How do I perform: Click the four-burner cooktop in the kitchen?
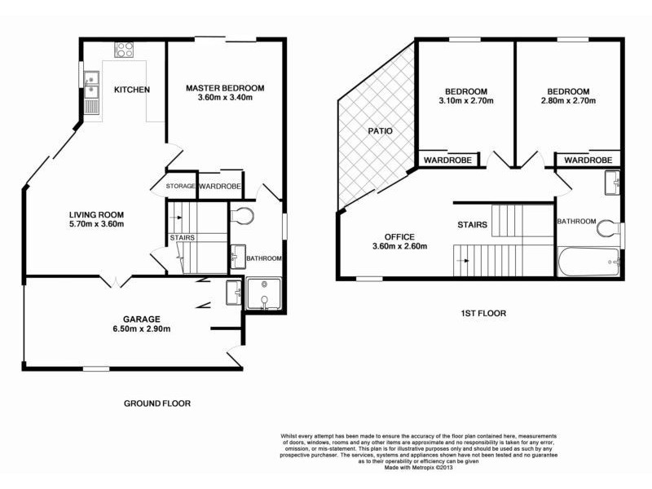tap(123, 49)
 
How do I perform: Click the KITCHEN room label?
tap(131, 90)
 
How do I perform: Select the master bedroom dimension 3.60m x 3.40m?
tap(225, 99)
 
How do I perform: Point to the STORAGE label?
tap(180, 187)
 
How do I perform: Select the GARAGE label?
tap(142, 319)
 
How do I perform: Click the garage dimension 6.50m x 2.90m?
tap(142, 329)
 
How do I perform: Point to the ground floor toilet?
tap(242, 216)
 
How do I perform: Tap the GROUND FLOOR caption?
tap(157, 403)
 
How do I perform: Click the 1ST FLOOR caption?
tap(482, 313)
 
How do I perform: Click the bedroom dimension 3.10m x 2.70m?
tap(465, 101)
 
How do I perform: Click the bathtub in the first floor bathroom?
tap(591, 263)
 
